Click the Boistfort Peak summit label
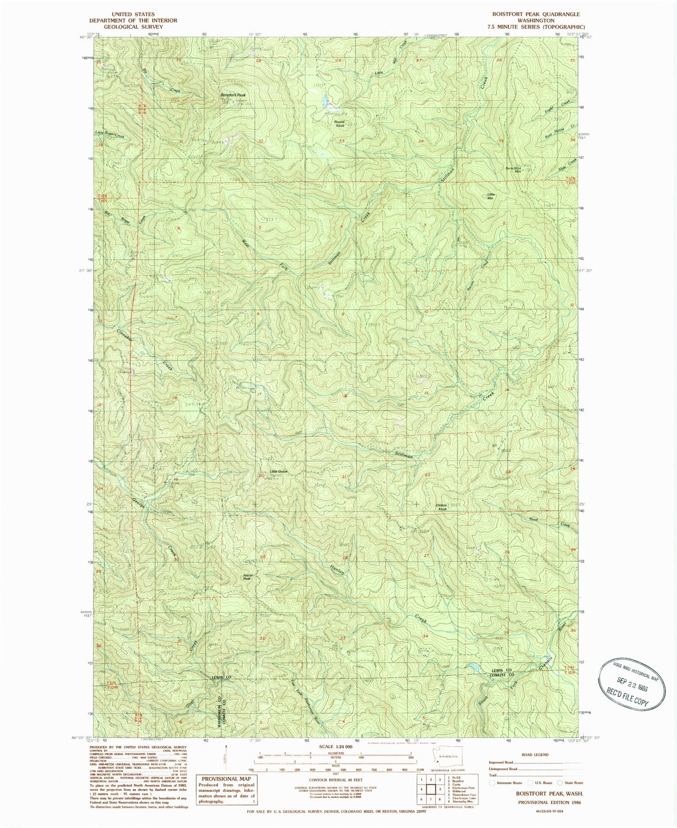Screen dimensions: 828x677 tap(233, 95)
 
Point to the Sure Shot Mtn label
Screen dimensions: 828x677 tap(513, 170)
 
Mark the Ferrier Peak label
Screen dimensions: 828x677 tap(247, 578)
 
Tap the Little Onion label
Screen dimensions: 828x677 tap(278, 471)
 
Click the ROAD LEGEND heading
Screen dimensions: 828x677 tap(534, 755)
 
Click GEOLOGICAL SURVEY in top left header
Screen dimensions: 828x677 tap(133, 27)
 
